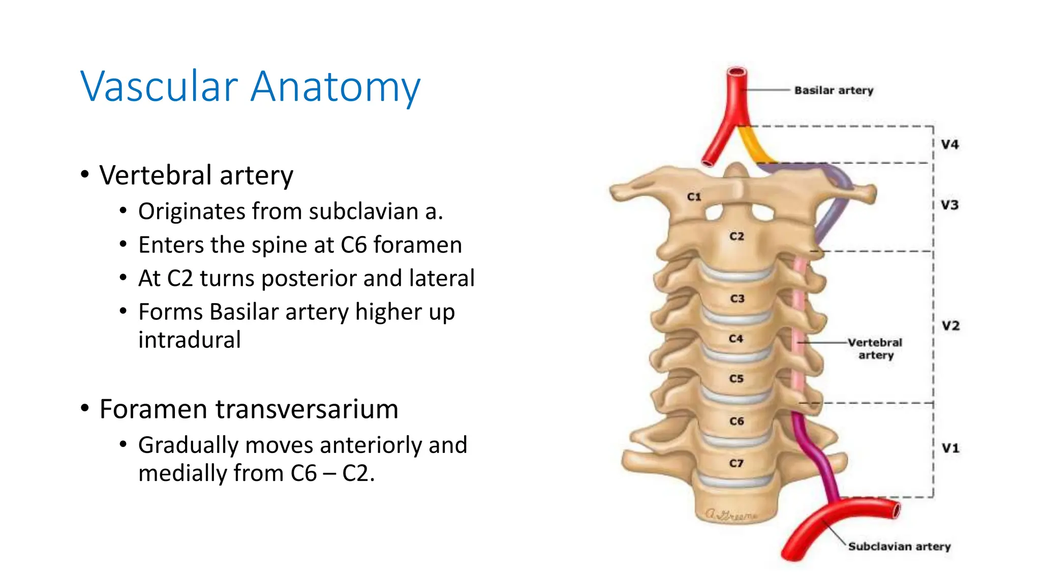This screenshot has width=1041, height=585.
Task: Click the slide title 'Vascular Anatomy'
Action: point(250,86)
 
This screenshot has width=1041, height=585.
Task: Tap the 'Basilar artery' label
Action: point(834,90)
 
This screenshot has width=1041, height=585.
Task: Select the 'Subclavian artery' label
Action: point(899,546)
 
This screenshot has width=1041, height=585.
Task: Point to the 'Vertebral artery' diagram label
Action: point(875,348)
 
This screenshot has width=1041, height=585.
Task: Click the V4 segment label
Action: point(950,145)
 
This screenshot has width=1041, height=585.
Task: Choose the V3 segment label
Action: point(950,205)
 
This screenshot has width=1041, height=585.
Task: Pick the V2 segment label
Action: point(951,326)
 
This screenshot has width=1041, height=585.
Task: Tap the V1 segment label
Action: point(951,448)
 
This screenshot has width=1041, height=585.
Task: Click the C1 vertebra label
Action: point(694,197)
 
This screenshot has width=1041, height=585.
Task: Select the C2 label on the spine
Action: point(737,236)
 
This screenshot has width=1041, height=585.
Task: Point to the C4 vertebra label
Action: point(736,339)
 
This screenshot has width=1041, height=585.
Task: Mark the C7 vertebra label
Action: point(736,463)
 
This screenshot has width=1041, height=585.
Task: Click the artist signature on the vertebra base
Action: point(730,515)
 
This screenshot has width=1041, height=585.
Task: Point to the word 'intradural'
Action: point(190,340)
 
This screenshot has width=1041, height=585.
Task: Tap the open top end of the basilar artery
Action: point(737,72)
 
